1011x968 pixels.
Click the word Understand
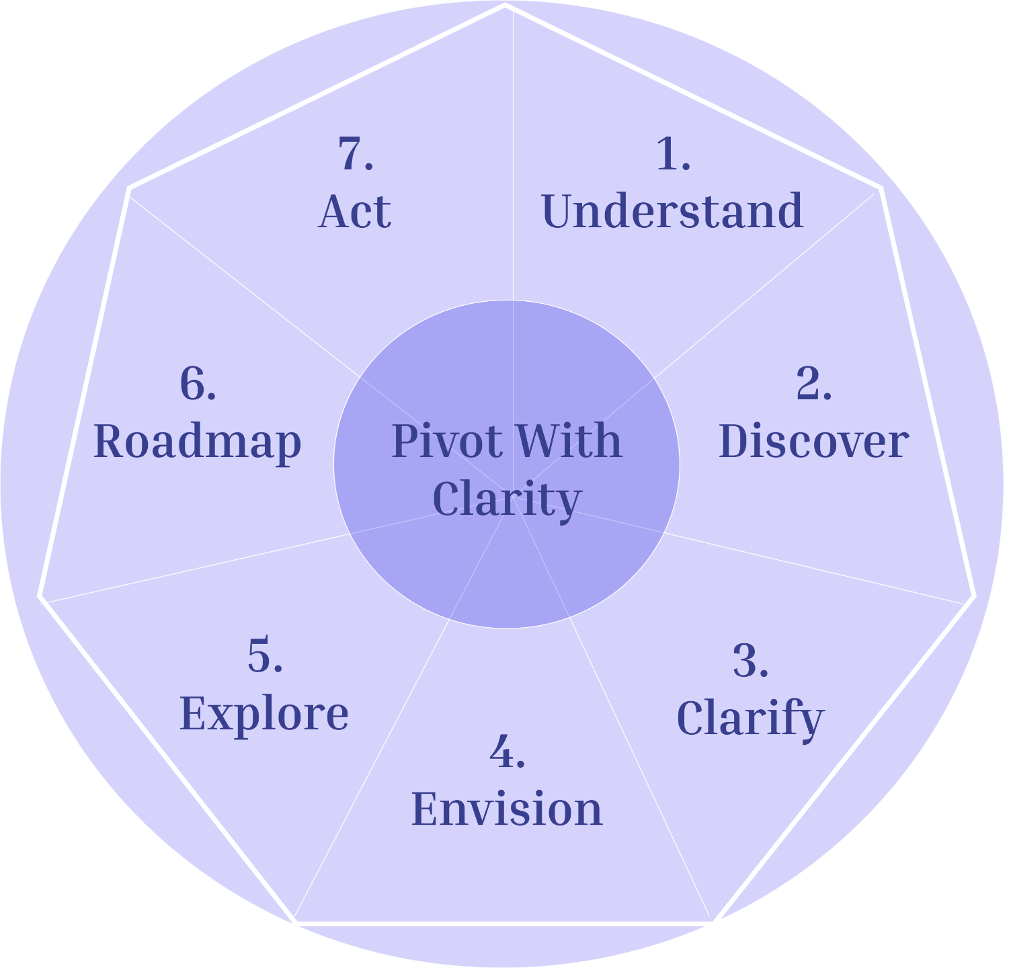click(672, 212)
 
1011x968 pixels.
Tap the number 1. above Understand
click(672, 154)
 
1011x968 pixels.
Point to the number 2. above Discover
click(813, 385)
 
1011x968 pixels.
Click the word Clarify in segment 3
click(750, 719)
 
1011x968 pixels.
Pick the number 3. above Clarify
click(750, 661)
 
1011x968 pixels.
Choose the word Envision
click(507, 809)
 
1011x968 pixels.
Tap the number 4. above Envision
click(507, 752)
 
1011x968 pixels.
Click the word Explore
click(264, 713)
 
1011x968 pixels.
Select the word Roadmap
click(197, 442)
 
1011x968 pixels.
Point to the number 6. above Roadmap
click(198, 385)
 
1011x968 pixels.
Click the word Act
click(354, 212)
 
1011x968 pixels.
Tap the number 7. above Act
click(355, 154)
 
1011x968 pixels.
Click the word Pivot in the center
click(446, 442)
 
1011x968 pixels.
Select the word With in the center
click(569, 442)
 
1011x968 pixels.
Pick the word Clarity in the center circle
click(506, 499)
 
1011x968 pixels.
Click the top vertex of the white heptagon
click(505, 5)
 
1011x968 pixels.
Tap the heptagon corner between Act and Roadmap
click(129, 188)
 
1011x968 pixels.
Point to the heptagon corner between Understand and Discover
click(881, 188)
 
